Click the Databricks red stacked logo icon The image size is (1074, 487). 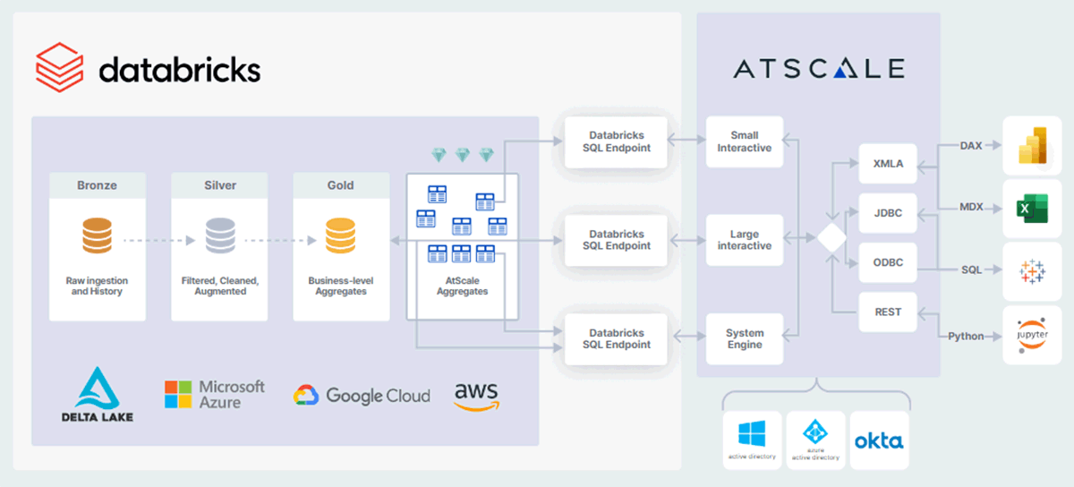click(59, 68)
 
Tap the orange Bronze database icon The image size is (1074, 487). click(97, 236)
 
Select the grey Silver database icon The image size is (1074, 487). click(219, 236)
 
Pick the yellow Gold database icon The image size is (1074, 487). click(340, 236)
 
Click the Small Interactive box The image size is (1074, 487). click(744, 141)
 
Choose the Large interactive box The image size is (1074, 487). click(744, 240)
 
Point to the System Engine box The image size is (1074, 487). click(744, 338)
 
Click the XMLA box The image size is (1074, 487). click(888, 164)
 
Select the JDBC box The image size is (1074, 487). click(888, 213)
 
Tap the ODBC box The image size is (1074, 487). click(888, 262)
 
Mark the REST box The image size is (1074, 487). click(888, 312)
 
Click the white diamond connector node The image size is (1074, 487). click(831, 239)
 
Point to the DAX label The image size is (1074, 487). click(971, 145)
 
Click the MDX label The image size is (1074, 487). click(971, 207)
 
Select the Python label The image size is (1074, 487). click(966, 337)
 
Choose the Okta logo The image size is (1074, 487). click(879, 440)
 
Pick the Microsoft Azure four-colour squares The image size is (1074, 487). click(178, 394)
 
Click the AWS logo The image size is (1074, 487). click(476, 395)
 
